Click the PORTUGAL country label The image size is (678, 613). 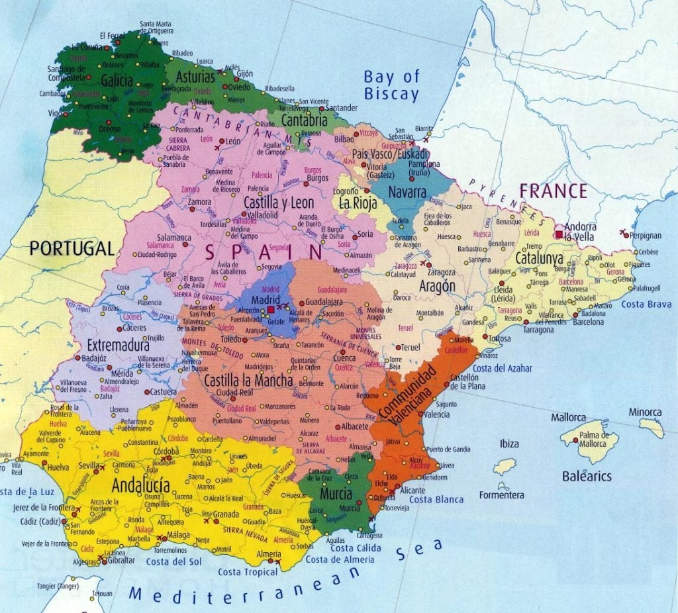point(72,248)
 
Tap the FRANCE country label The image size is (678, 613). point(553,191)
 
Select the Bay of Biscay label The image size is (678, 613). point(391,85)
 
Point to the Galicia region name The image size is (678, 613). point(117,81)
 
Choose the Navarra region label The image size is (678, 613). point(407,192)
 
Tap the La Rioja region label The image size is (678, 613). point(358,203)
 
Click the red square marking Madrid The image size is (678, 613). point(271,309)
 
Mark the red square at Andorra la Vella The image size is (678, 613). point(559,234)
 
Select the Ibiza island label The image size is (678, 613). point(509,444)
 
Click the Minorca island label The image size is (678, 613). point(645,412)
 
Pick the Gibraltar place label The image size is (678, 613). point(119,560)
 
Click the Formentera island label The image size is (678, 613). point(501,495)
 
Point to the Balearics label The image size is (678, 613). point(587,476)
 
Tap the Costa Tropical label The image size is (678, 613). point(248,572)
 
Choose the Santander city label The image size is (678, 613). point(342,107)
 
